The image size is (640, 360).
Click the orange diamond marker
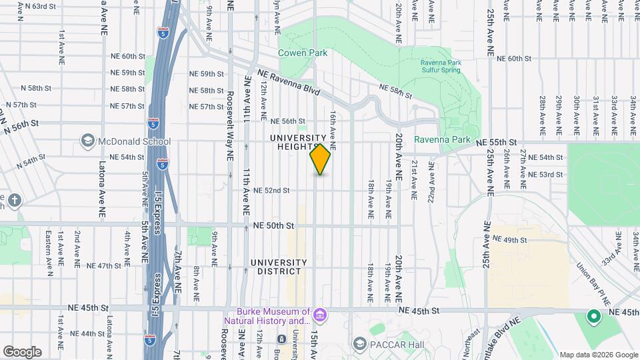point(320,159)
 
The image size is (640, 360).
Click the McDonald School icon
point(87,141)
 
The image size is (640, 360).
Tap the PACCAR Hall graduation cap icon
point(360,343)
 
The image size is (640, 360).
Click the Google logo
point(22,351)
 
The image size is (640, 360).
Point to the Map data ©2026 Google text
point(599,354)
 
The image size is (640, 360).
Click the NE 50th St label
point(273,226)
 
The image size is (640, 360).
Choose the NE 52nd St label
point(271,190)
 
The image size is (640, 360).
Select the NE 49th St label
point(510,240)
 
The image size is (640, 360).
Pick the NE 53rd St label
point(545,174)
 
